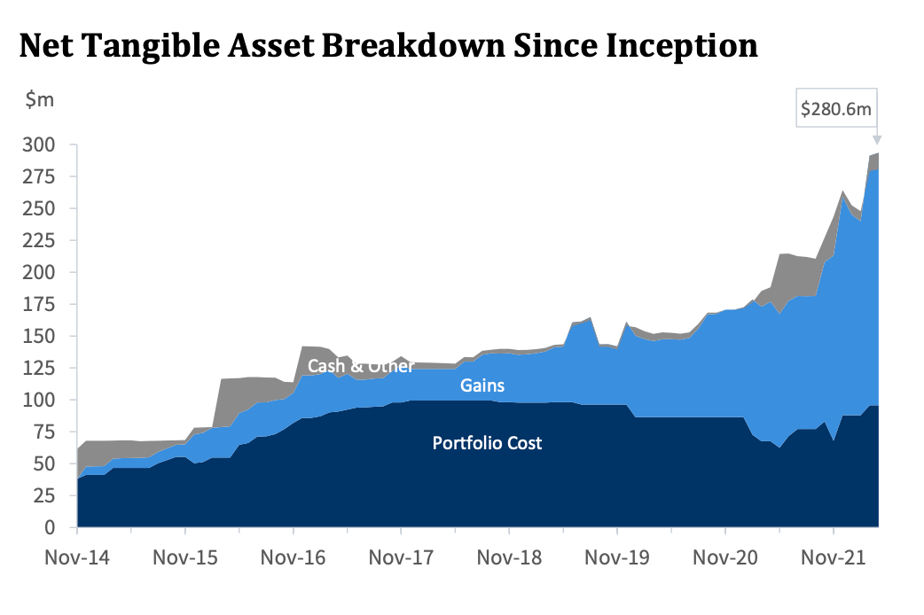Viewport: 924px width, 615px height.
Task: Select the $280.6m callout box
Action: tap(836, 108)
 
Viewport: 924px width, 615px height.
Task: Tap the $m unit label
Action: tap(40, 99)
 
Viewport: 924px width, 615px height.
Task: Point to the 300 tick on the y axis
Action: tap(39, 144)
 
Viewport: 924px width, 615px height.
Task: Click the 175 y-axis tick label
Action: tap(39, 304)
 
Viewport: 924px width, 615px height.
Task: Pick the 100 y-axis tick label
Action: tap(39, 400)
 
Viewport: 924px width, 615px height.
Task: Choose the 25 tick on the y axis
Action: tap(44, 495)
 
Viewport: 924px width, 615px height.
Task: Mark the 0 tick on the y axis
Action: tap(50, 527)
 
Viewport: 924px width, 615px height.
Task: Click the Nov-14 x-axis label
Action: tap(77, 557)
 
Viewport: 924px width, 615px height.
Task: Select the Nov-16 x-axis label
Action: tap(293, 557)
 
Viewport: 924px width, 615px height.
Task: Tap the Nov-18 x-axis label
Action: tap(509, 557)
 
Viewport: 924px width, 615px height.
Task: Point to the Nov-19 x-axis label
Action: tap(617, 557)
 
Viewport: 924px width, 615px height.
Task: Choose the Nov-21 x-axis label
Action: tap(834, 557)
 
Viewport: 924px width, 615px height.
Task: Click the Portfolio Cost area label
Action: tap(487, 443)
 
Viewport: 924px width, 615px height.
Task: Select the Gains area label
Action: tap(482, 385)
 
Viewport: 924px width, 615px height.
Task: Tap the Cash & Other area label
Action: tap(361, 366)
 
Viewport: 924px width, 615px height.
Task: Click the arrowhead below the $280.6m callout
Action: tap(877, 140)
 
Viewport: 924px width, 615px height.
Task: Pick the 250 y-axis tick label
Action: tap(39, 208)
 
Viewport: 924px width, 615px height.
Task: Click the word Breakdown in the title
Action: tap(414, 46)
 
